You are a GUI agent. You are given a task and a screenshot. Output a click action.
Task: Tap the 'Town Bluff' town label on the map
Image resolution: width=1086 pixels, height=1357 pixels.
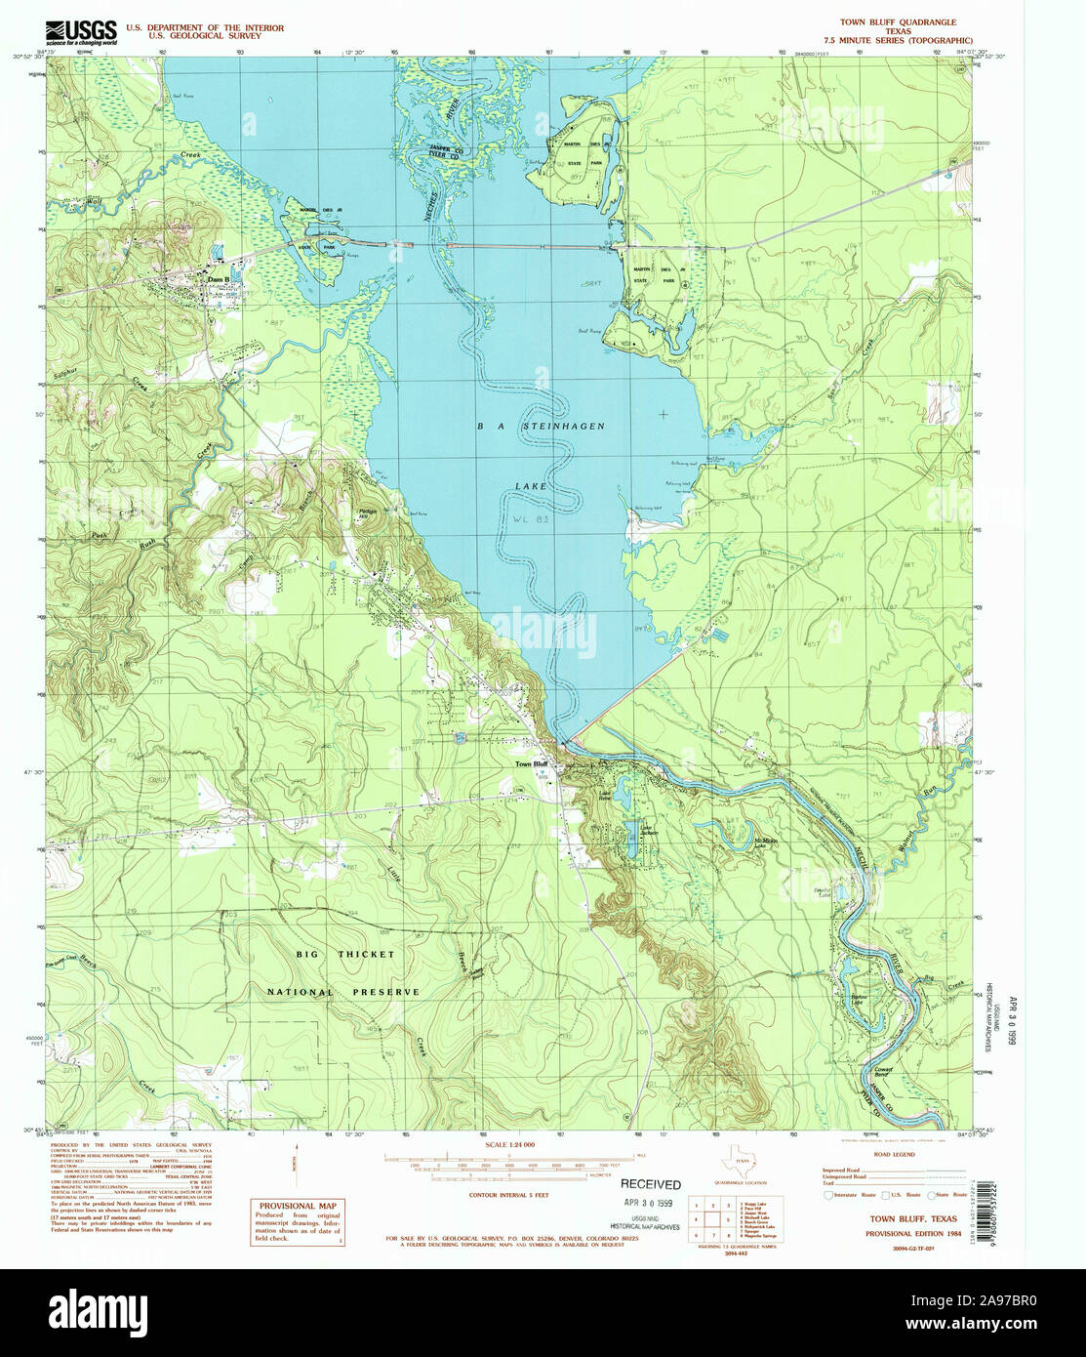pos(534,764)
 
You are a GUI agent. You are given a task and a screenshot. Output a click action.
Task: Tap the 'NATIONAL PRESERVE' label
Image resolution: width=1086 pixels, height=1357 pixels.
pos(343,992)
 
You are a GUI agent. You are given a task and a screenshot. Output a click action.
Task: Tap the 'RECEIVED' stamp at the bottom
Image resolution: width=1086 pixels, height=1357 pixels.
pos(651,1185)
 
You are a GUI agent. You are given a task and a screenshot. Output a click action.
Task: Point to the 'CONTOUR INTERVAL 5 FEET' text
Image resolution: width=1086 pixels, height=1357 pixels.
pos(511,1194)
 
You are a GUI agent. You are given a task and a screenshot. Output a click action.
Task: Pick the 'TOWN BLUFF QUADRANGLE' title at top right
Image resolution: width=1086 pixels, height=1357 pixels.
pos(898,21)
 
